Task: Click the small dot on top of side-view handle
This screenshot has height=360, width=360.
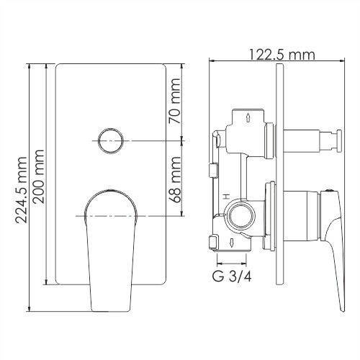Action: point(328,192)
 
